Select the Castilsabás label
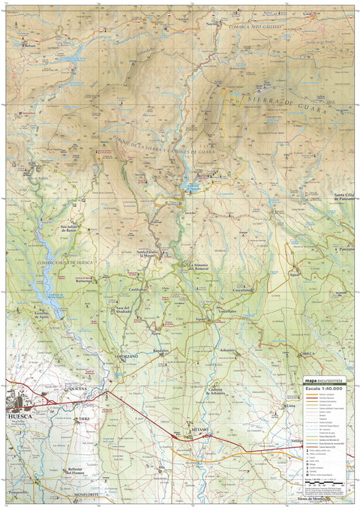pyautogui.click(x=137, y=289)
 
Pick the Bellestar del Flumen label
pyautogui.click(x=78, y=471)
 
